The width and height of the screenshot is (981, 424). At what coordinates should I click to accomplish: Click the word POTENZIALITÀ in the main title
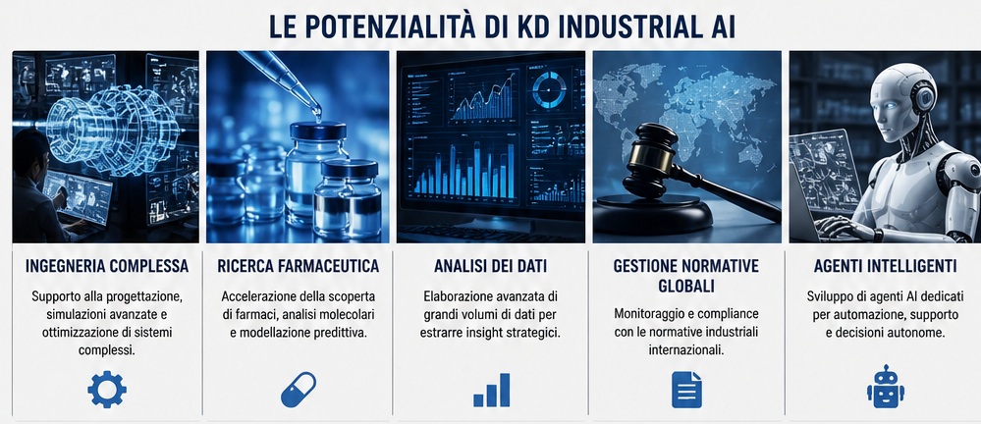click(x=380, y=26)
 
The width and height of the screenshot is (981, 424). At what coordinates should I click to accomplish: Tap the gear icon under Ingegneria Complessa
click(x=107, y=390)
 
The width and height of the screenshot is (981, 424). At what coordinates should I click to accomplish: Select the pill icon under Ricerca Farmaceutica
click(x=299, y=390)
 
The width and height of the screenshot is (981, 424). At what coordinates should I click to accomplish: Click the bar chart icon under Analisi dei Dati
click(x=491, y=391)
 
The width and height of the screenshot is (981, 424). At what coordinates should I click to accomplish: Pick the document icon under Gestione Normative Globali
click(x=686, y=390)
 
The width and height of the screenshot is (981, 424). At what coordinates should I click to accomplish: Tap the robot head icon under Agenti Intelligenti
click(x=886, y=387)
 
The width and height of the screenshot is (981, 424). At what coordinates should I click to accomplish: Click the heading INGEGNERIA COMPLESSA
click(x=107, y=266)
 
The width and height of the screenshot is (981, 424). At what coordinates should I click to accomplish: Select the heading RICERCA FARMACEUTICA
click(x=299, y=266)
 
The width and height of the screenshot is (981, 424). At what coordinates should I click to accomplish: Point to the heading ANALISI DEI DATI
click(x=491, y=266)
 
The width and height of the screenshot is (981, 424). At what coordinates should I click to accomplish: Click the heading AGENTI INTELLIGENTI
click(x=885, y=266)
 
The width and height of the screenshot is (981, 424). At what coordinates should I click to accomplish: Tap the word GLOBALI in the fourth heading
click(x=685, y=286)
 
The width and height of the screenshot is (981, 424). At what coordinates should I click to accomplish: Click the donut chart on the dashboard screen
click(x=549, y=90)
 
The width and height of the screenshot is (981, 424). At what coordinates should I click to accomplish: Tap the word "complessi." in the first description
click(x=107, y=350)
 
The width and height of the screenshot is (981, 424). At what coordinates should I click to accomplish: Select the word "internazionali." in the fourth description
click(x=686, y=350)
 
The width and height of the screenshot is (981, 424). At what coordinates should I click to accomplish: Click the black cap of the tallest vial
click(x=318, y=131)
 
